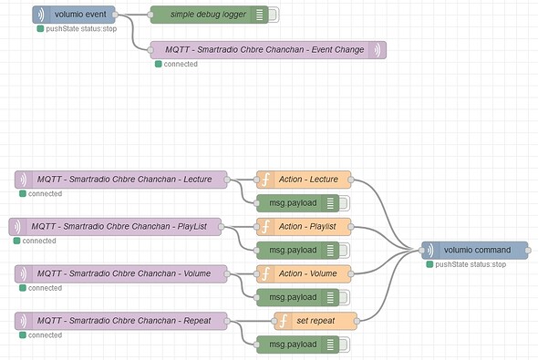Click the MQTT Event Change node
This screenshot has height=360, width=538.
tap(264, 49)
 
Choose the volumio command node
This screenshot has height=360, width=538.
tap(475, 250)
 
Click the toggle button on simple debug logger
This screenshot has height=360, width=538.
tap(274, 15)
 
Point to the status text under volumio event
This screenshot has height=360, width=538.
tap(81, 29)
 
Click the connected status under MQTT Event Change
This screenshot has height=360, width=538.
tap(181, 64)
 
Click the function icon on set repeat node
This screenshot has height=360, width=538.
tap(284, 320)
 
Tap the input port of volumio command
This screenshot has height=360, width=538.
tap(422, 250)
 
